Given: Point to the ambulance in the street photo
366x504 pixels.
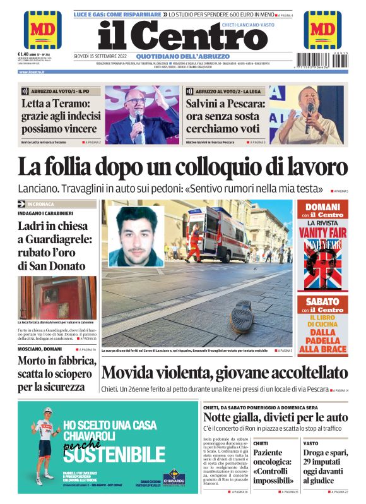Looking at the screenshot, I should pyautogui.click(x=218, y=235).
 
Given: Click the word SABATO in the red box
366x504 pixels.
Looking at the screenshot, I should pyautogui.click(x=322, y=301).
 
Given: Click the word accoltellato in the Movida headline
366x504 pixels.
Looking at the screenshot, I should pyautogui.click(x=294, y=373).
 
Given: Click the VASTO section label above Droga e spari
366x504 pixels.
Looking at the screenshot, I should pyautogui.click(x=311, y=443).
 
